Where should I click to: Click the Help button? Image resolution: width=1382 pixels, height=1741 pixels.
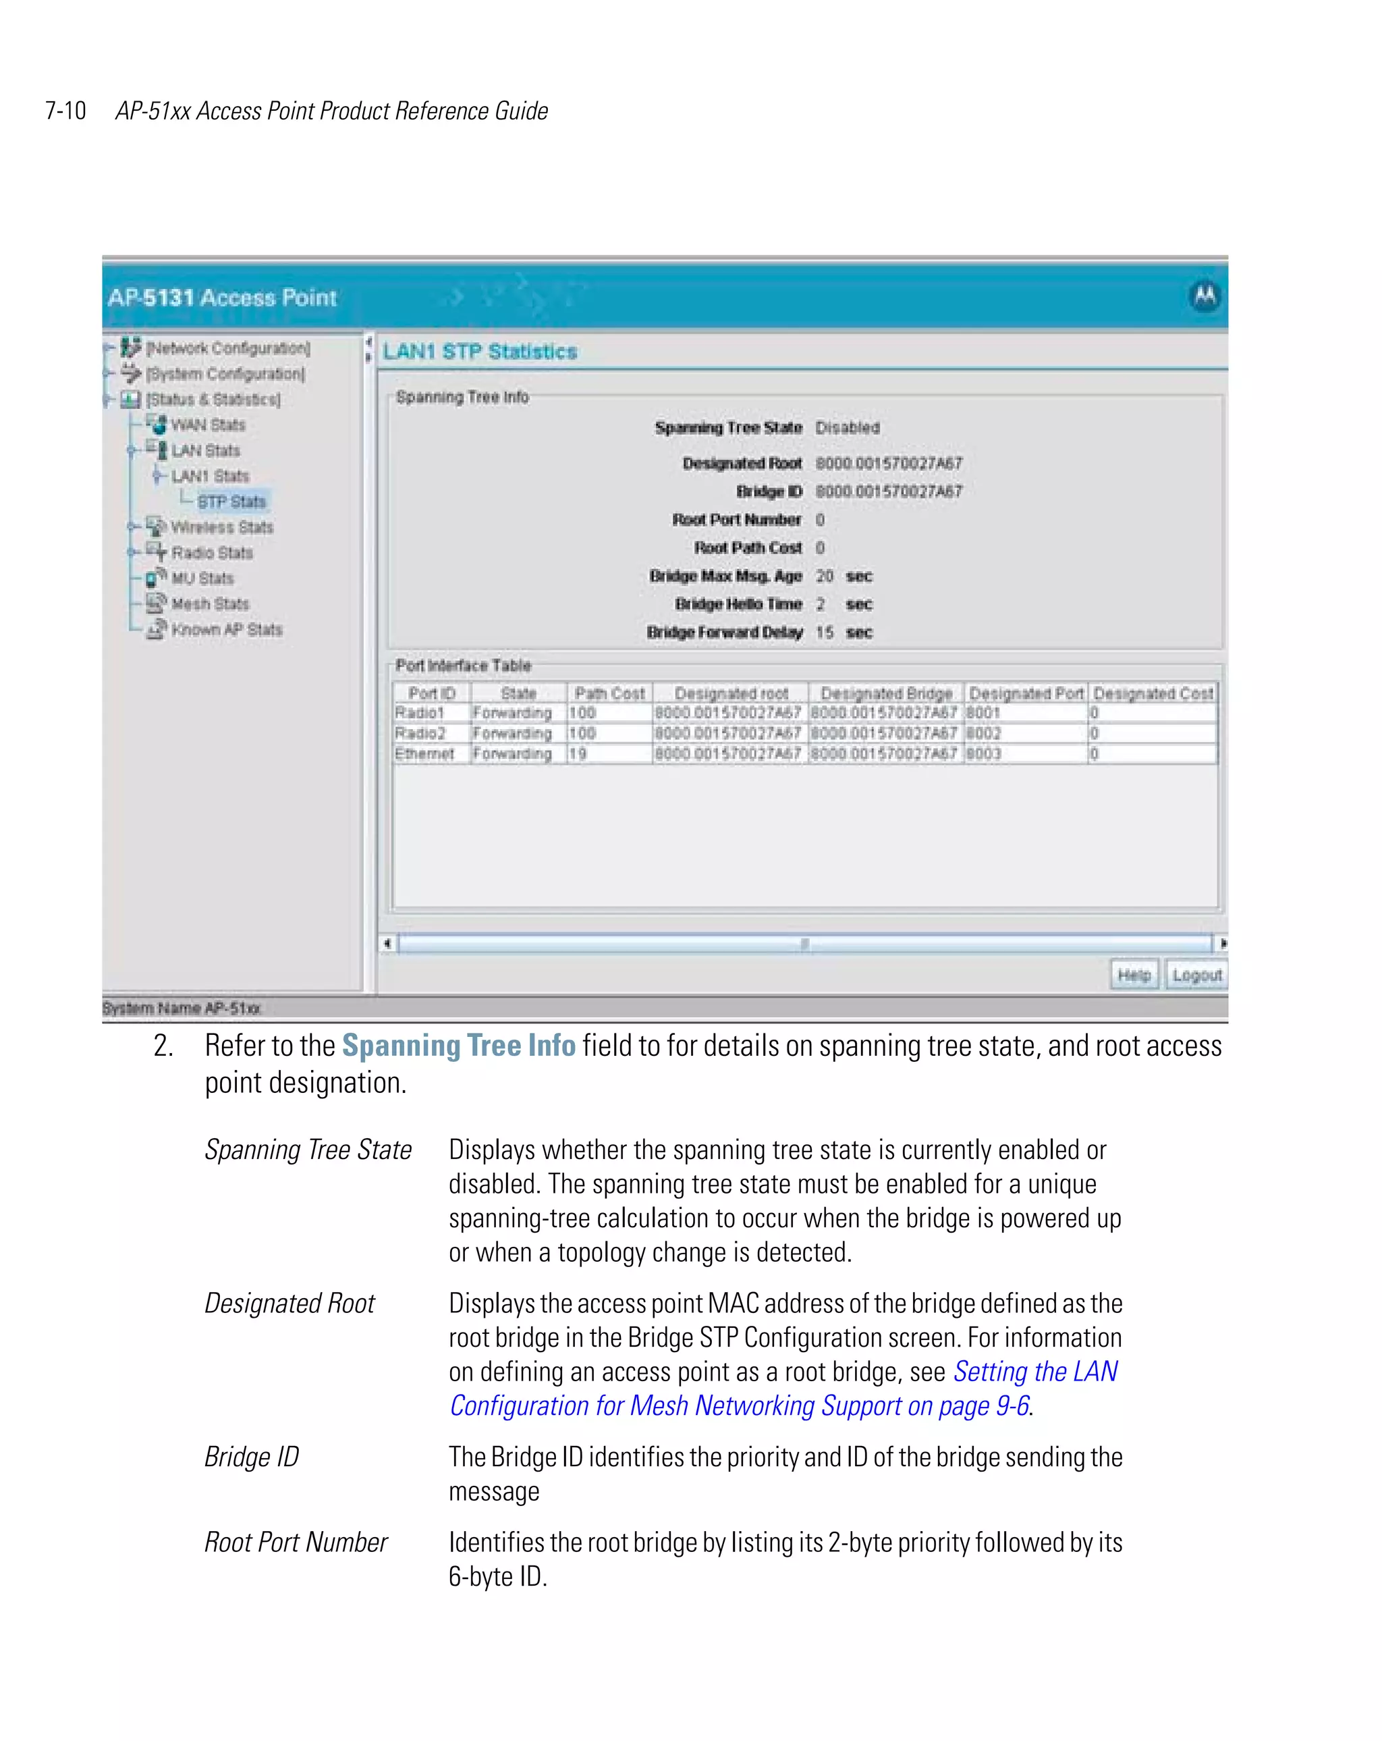[x=1134, y=975]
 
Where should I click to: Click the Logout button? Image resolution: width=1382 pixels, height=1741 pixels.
[x=1196, y=975]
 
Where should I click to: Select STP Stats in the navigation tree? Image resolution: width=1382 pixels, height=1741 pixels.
[x=231, y=502]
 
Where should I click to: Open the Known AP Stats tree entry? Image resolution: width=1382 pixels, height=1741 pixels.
[x=226, y=629]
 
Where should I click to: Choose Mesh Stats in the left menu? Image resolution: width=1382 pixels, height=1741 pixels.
[x=210, y=604]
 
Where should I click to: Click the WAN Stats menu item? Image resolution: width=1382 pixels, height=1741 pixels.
[x=207, y=425]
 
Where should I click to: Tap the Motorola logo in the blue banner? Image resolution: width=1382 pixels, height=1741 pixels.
[x=1205, y=296]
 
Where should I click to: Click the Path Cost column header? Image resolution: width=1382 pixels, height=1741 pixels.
[x=609, y=693]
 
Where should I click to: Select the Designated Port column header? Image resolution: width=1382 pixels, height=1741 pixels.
[x=1025, y=693]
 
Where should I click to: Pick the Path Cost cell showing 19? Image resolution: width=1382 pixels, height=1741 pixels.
[x=578, y=753]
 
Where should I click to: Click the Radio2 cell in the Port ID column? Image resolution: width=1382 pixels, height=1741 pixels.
[x=420, y=733]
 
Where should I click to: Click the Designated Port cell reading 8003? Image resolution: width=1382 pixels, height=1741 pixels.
[x=983, y=753]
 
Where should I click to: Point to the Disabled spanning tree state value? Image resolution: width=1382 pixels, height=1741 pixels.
[x=847, y=427]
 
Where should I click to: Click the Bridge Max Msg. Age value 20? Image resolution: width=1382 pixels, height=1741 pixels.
[x=823, y=576]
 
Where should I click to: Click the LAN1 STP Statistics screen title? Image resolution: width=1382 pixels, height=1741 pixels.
[x=480, y=351]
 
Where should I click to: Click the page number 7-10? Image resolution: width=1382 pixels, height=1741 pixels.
[x=65, y=111]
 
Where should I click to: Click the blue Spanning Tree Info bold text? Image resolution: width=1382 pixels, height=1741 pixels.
[x=458, y=1045]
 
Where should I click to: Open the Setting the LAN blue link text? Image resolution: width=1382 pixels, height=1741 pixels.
[x=1035, y=1371]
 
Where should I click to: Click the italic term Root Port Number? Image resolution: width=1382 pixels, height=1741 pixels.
[x=296, y=1542]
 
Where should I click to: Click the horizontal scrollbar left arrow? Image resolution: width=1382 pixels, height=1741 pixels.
[x=387, y=943]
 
